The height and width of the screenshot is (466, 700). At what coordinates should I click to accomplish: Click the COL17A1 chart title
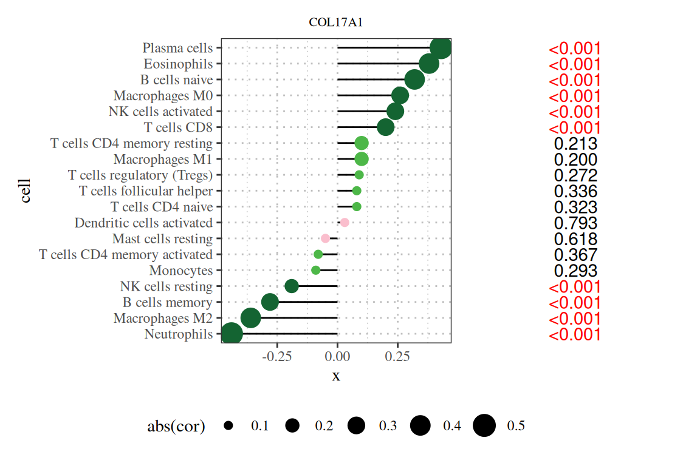337,23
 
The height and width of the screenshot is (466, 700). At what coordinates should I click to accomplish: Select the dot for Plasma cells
440,48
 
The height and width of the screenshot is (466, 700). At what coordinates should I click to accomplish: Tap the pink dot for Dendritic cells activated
345,223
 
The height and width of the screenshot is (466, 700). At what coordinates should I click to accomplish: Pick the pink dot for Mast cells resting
325,238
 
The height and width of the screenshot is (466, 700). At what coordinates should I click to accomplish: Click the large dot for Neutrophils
231,334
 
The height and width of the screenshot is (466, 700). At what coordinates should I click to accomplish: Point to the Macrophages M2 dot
251,317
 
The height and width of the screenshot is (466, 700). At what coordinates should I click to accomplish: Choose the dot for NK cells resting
292,286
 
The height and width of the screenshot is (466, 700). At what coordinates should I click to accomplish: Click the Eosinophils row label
178,64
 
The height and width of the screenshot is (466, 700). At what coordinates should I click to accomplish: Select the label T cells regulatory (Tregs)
140,175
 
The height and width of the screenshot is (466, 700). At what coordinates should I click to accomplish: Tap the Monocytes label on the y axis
181,270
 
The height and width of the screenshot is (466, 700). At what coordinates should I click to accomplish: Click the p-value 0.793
575,223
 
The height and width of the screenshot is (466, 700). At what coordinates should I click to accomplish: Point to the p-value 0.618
575,239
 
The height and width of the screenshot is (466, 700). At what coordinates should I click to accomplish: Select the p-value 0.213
575,144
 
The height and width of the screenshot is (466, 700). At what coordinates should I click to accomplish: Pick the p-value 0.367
575,255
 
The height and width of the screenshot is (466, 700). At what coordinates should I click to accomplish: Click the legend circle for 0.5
484,426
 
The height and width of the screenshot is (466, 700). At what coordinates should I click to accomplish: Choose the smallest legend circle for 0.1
228,426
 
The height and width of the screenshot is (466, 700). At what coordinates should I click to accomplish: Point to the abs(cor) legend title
176,427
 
